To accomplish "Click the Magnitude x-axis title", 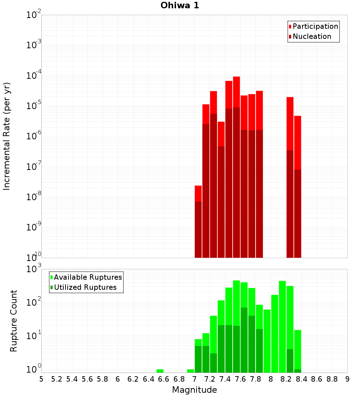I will pos(194,390).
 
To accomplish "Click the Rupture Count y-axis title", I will pos(14,320).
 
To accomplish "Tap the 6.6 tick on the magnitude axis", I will pos(164,379).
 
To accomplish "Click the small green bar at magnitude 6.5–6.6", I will pos(160,371).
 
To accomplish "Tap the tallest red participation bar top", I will pos(236,78).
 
